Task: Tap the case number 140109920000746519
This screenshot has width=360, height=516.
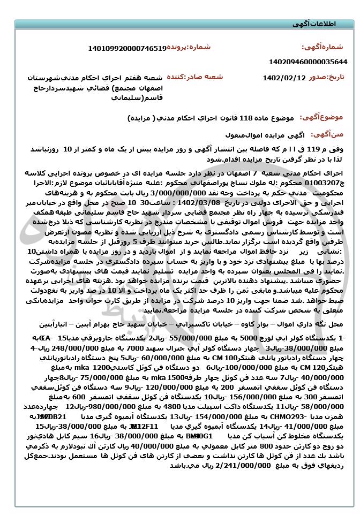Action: (x=127, y=48)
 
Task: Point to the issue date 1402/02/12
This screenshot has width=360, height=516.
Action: (x=284, y=78)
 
